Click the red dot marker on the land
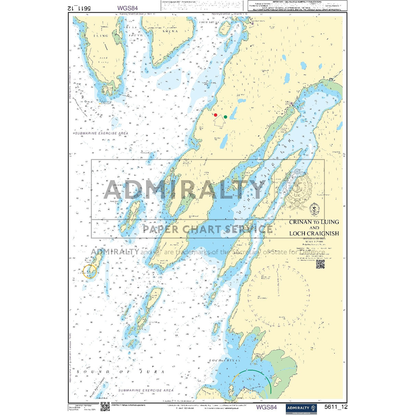click(x=215, y=115)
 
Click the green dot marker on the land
click(x=225, y=117)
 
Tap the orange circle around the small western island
click(x=90, y=271)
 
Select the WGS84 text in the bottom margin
click(x=266, y=407)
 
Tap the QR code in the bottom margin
click(x=105, y=406)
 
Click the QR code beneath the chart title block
click(x=320, y=264)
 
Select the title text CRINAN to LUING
click(x=314, y=222)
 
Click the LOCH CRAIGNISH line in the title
click(x=314, y=233)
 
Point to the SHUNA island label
click(x=170, y=31)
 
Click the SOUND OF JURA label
click(x=120, y=372)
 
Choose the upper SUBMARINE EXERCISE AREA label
click(x=101, y=133)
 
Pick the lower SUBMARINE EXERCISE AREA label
click(x=146, y=390)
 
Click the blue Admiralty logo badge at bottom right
click(x=302, y=408)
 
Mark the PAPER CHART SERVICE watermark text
click(x=208, y=229)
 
